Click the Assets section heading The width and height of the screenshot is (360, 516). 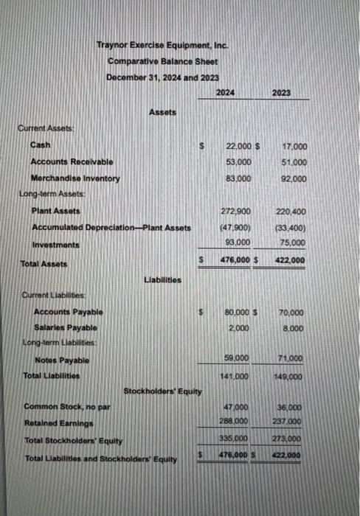click(x=162, y=111)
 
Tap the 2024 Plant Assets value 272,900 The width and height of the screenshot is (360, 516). click(x=235, y=212)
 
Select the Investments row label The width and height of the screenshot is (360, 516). click(x=55, y=245)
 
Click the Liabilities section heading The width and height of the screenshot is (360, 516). click(x=163, y=279)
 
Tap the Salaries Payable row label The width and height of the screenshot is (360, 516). click(x=68, y=328)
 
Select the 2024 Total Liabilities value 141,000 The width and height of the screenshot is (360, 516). click(x=235, y=375)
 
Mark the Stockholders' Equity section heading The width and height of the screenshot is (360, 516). click(x=162, y=391)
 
